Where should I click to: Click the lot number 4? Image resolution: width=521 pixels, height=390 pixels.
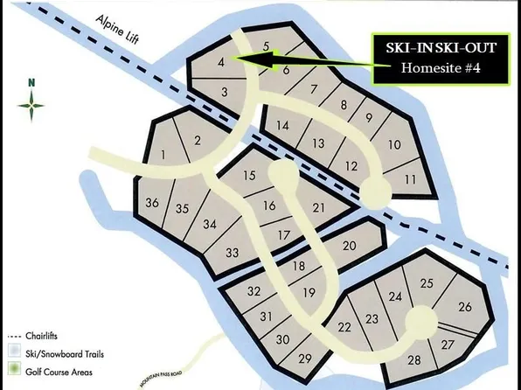point(222,62)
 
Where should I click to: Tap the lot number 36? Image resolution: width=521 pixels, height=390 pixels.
point(152,203)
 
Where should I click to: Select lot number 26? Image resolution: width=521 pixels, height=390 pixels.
point(464,306)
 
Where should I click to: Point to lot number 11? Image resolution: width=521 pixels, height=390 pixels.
point(410,179)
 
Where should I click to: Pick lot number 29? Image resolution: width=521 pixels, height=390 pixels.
point(305,359)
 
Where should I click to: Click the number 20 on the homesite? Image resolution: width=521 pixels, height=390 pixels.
point(349,247)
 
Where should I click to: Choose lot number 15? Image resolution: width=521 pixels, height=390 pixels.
point(249,176)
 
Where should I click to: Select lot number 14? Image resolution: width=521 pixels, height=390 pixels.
point(281,125)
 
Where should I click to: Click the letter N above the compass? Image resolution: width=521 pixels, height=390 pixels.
point(31,83)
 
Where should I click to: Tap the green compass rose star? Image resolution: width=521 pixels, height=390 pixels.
point(32,107)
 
